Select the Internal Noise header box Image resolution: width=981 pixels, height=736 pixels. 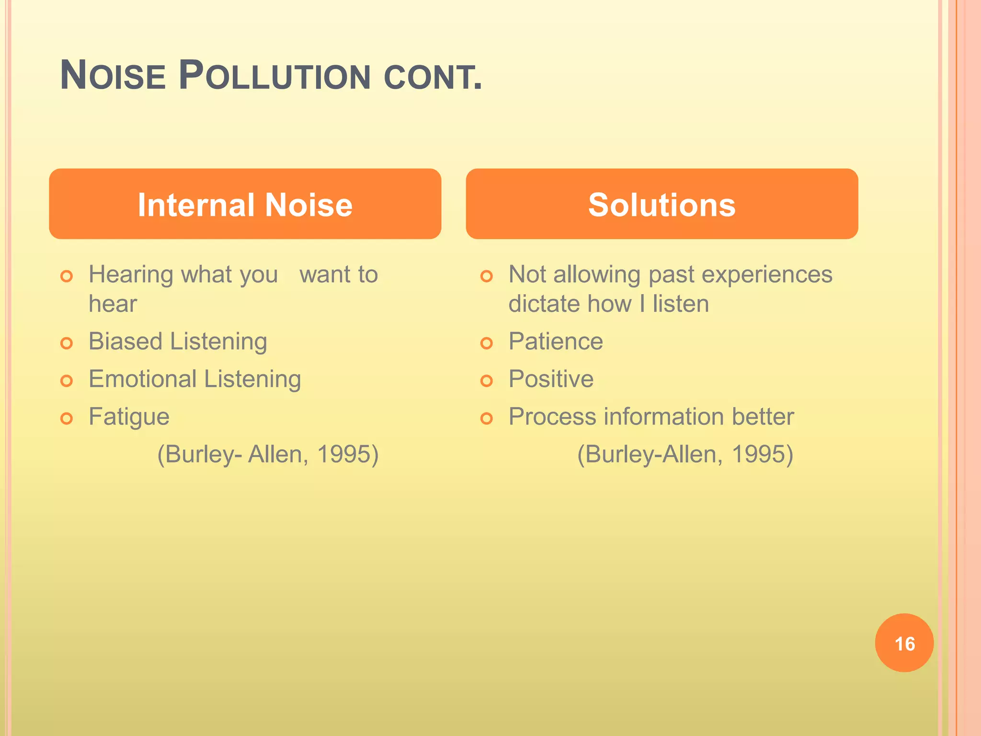pyautogui.click(x=245, y=204)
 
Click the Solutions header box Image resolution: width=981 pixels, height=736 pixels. pyautogui.click(x=662, y=204)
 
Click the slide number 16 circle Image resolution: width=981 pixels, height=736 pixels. pyautogui.click(x=904, y=643)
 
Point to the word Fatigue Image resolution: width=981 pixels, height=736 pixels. pyautogui.click(x=129, y=416)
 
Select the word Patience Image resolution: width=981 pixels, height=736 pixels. pyautogui.click(x=556, y=342)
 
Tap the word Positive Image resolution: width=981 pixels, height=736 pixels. pyautogui.click(x=551, y=379)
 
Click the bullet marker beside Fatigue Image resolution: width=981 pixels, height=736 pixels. pyautogui.click(x=67, y=419)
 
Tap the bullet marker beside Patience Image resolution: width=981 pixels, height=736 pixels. pyautogui.click(x=486, y=344)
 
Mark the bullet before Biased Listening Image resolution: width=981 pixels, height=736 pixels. pyautogui.click(x=67, y=344)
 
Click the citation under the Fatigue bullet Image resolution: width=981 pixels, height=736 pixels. pyautogui.click(x=268, y=454)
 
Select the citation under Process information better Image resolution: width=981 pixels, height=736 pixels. pyautogui.click(x=685, y=454)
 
